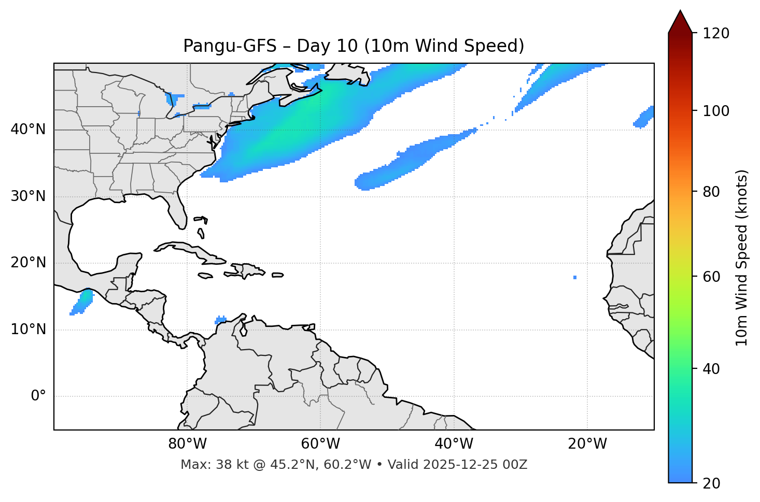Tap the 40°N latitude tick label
coord(28,130)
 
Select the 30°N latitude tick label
coord(28,196)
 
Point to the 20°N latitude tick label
coord(28,263)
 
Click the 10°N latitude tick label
coord(28,329)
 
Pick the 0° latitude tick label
coord(38,396)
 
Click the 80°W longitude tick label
coord(187,444)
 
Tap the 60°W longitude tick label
coord(320,444)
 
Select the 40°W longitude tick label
coord(454,444)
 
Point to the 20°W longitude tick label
coord(587,444)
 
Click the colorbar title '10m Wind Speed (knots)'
coord(742,258)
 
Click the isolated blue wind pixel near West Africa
coord(575,278)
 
